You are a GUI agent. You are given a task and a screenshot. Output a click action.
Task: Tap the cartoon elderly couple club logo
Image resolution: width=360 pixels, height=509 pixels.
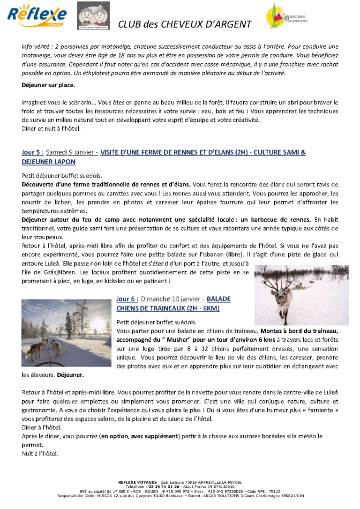93,16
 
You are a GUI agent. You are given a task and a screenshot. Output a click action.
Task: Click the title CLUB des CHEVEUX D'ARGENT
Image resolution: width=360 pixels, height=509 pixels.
185,24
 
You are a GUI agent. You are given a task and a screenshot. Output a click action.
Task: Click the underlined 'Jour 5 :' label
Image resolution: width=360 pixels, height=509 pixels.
33,152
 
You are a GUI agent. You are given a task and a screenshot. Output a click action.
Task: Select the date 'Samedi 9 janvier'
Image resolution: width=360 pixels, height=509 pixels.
68,152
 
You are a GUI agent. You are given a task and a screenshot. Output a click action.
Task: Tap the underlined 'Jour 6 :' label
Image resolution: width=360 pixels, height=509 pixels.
127,299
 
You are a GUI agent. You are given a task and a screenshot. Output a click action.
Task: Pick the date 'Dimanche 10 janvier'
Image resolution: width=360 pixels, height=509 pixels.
168,299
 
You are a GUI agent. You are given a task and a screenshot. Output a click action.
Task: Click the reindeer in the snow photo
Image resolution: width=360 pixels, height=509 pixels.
301,295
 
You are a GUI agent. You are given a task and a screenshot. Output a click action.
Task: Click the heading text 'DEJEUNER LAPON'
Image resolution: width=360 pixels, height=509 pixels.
49,162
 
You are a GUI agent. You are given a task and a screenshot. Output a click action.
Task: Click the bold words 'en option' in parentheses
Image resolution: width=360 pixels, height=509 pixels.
114,436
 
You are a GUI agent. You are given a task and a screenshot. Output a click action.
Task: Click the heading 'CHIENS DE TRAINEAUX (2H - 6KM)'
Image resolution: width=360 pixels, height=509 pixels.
168,308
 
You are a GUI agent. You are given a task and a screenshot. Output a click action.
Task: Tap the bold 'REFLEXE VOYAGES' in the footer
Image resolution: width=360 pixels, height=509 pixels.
138,482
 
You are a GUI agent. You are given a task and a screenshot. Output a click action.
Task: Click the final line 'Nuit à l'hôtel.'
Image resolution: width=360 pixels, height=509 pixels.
40,454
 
